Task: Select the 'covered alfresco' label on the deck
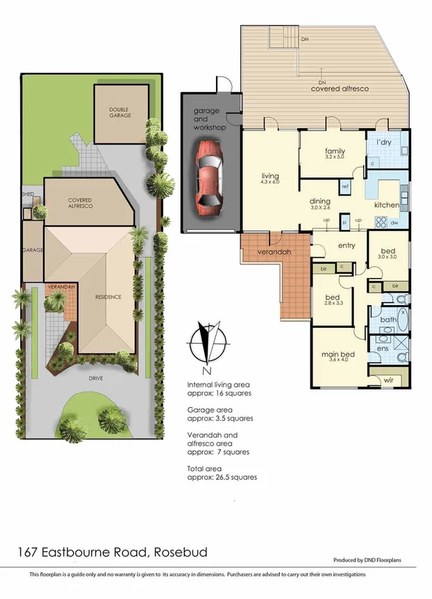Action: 339,89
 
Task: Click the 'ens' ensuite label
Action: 383,349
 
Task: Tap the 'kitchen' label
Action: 387,205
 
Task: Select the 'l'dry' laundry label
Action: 385,142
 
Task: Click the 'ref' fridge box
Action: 344,186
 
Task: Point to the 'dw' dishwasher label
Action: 394,223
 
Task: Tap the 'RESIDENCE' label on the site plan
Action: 108,297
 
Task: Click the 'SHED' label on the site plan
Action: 28,195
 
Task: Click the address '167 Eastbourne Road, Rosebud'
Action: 112,553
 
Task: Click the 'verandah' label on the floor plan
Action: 274,252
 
